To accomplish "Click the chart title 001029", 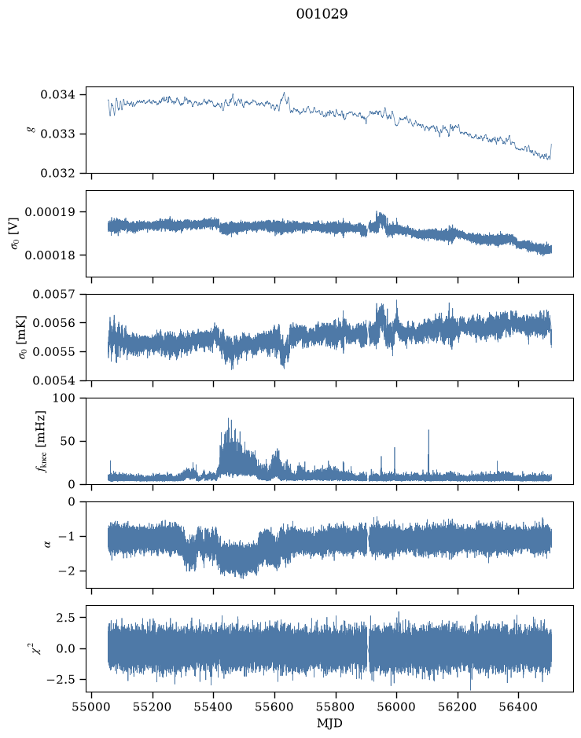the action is pos(322,14).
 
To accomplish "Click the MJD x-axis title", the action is pos(329,723).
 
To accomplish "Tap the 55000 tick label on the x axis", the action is pos(91,707).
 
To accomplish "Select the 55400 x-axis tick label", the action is pos(213,707).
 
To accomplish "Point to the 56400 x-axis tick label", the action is pos(518,707).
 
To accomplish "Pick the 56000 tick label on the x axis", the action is pos(396,707).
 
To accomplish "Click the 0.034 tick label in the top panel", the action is pos(57,94).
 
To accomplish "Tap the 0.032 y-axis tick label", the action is pos(57,173).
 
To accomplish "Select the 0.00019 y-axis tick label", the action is pos(50,211).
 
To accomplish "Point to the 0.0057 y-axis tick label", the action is pos(53,295).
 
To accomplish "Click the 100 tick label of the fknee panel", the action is pos(64,398).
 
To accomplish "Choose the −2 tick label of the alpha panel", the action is pos(66,571).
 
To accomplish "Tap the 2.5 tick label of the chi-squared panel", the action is pos(65,617).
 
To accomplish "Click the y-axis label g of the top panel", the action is pos(32,130).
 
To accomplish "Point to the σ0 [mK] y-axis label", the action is pos(22,337).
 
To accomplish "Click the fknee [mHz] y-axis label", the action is pos(42,441).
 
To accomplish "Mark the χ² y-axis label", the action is pos(36,648).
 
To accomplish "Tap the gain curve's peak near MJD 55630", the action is pos(284,93).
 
